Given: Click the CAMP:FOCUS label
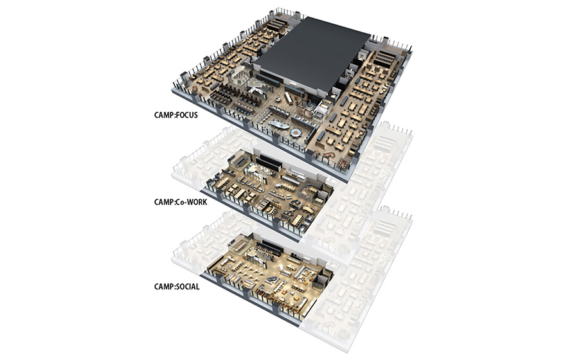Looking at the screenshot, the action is click(176, 115).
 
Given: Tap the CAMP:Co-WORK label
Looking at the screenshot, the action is click(181, 202).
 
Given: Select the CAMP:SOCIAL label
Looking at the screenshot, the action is click(177, 287).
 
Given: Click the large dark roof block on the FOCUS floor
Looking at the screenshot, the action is click(312, 55).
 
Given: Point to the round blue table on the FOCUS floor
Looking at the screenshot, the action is click(294, 132).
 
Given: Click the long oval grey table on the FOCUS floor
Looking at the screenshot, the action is click(279, 125).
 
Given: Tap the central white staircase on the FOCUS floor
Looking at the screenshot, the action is click(257, 88).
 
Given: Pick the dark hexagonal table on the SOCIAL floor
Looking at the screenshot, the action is click(273, 280).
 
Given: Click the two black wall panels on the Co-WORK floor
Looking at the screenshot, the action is click(269, 164).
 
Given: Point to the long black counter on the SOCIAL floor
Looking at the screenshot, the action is click(269, 248).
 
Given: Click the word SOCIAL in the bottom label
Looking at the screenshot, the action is click(188, 287).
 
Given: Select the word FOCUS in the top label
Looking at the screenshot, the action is click(187, 115).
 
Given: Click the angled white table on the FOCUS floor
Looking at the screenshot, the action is click(289, 98).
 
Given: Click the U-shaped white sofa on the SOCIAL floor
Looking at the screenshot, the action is click(303, 272).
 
